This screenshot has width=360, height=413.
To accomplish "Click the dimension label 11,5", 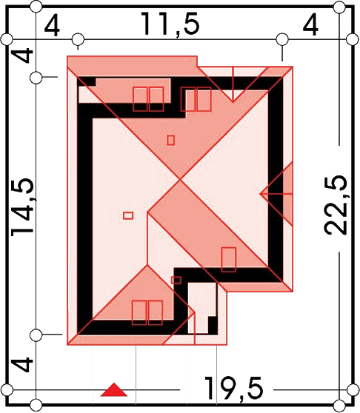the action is tap(170, 24).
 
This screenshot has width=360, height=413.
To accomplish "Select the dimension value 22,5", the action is tap(336, 205).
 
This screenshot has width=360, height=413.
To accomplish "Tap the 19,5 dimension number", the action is tap(234, 389).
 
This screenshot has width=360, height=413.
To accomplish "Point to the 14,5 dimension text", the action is tap(23, 206).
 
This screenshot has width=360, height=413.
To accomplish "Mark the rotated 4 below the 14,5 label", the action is tap(23, 364).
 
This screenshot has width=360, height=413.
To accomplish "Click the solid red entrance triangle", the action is tap(114, 389).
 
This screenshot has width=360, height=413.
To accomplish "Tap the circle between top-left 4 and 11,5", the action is tap(78, 39).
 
